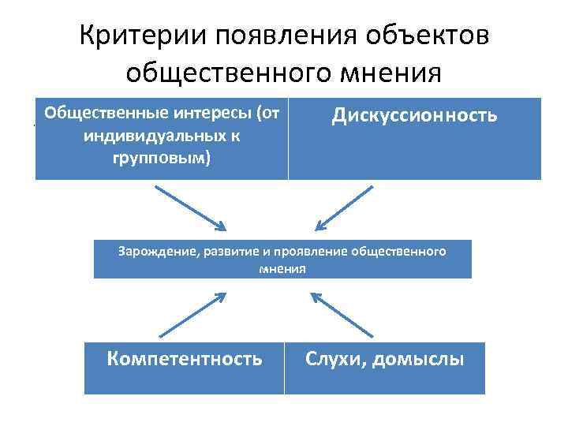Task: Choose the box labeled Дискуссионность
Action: (415, 139)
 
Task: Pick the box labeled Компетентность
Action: (185, 368)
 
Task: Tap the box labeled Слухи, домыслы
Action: (385, 368)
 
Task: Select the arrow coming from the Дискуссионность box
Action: (342, 206)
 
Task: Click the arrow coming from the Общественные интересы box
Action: (189, 206)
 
